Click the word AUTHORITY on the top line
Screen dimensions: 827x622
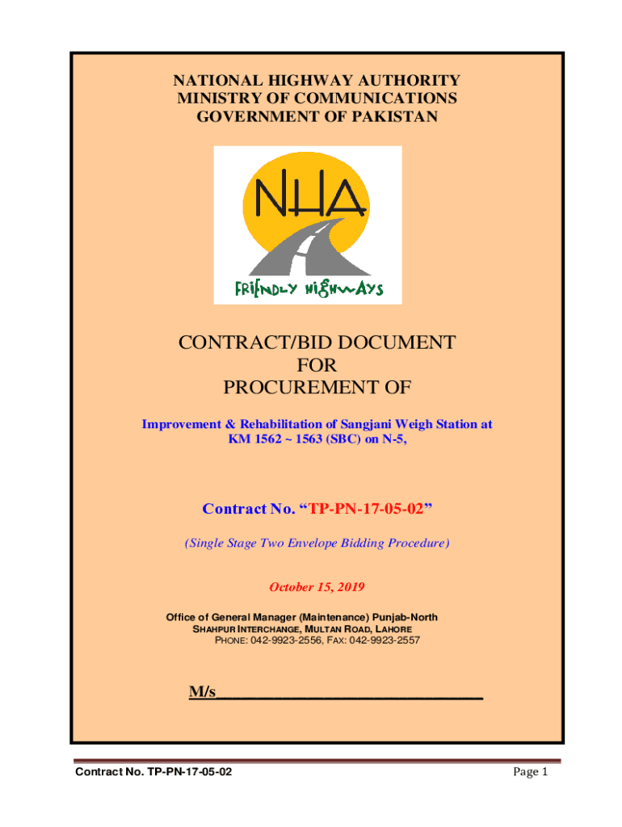(410, 81)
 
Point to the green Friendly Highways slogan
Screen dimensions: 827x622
(308, 288)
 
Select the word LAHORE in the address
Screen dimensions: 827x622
(389, 628)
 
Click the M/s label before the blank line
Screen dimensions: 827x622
(202, 692)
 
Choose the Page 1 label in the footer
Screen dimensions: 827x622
(531, 773)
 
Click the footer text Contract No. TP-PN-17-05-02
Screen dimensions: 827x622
(153, 774)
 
